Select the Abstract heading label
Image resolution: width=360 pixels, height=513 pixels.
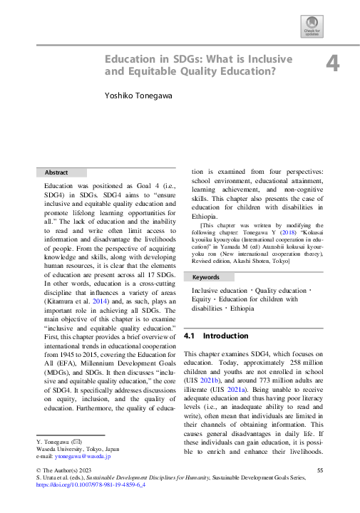[56, 172]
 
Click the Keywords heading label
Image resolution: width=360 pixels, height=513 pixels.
[207, 276]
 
